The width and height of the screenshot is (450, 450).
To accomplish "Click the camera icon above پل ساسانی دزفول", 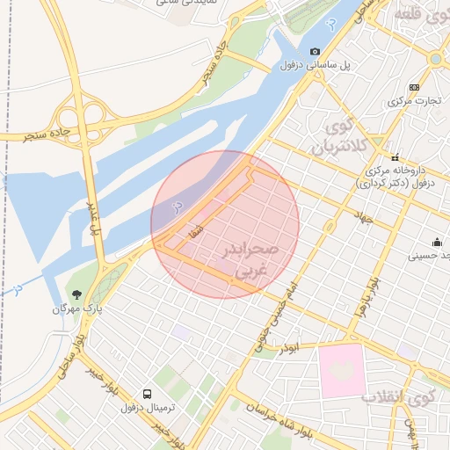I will point(316,52).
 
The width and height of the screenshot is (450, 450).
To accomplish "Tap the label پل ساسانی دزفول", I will point(316,66).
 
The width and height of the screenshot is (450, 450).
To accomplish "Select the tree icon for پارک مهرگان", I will point(75,294).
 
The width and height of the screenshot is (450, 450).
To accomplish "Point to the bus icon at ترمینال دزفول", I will point(147,395).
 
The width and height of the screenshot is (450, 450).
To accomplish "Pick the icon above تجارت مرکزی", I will point(414,87).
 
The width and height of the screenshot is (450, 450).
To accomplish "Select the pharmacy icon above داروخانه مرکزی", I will point(395,156).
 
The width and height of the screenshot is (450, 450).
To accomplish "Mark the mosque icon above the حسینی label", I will point(437,243).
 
